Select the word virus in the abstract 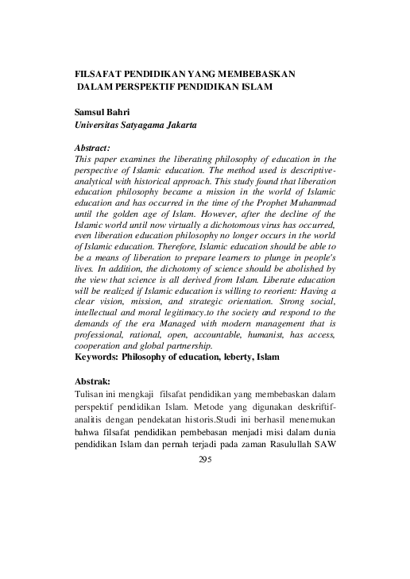[258, 226]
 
